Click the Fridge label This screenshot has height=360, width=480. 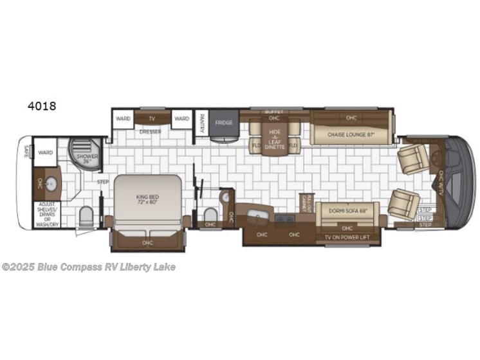click(x=224, y=122)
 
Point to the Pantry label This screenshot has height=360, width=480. click(x=202, y=120)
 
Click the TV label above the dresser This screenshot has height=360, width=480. click(x=152, y=118)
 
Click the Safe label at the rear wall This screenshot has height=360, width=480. click(x=26, y=152)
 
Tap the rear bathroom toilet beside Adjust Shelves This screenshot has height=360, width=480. click(x=85, y=215)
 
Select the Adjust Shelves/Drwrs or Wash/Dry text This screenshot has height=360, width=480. click(x=47, y=213)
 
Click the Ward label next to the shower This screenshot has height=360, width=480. click(x=45, y=153)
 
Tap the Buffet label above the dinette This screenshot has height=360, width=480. click(x=274, y=112)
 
